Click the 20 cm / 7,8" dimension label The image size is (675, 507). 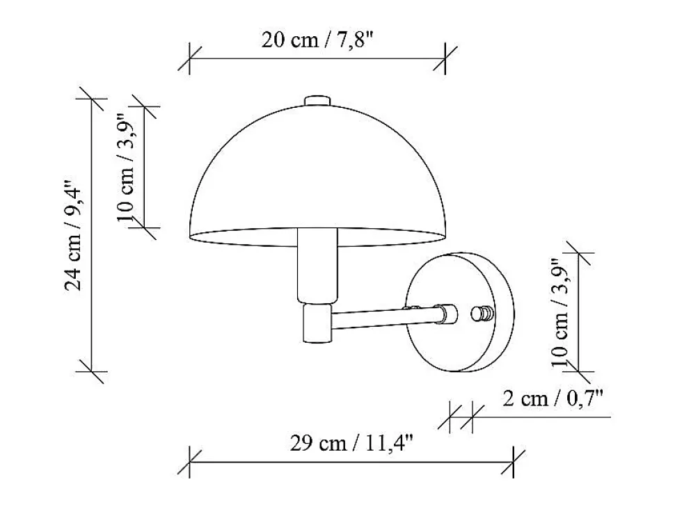click(x=317, y=40)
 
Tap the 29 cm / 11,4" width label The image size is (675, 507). click(x=351, y=442)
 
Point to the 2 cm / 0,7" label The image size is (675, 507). click(x=553, y=399)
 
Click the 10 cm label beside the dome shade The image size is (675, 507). click(x=127, y=166)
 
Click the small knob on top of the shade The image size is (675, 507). click(x=318, y=100)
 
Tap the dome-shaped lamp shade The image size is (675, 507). click(x=318, y=175)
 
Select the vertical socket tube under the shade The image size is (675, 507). click(x=318, y=266)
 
